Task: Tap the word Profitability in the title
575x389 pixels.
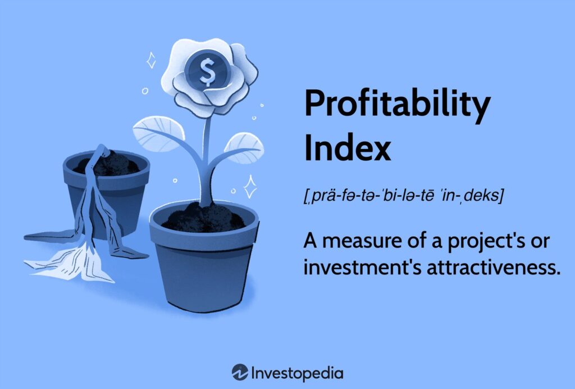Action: coord(398,103)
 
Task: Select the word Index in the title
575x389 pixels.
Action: coord(347,147)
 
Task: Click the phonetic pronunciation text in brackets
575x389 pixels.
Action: coord(403,195)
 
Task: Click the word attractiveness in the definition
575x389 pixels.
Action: coord(494,268)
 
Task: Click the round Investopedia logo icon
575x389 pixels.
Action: coord(240,373)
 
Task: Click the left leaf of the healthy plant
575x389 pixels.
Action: coord(158,133)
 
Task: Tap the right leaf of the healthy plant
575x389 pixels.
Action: coord(244,148)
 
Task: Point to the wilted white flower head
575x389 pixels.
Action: coord(70,263)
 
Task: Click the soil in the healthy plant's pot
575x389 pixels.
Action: coord(204,218)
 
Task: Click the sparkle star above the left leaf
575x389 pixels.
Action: coord(151,60)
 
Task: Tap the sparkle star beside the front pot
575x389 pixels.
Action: coord(250,187)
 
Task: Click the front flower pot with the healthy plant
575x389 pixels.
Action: coord(204,257)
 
